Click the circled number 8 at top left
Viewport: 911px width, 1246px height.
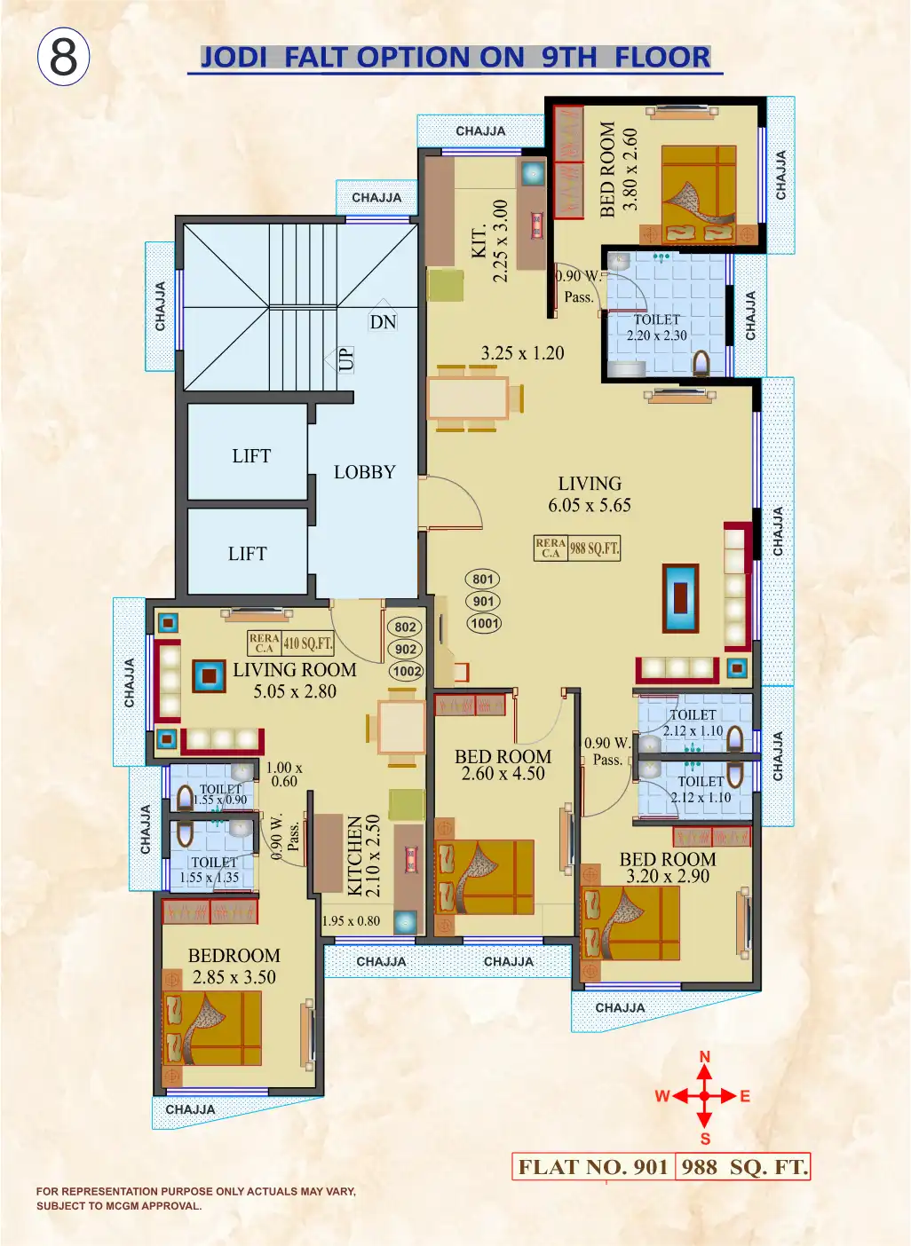(63, 57)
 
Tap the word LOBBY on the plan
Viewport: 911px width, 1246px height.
(364, 472)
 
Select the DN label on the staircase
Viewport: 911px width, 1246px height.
(383, 322)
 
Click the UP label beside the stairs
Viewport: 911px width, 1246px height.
(345, 359)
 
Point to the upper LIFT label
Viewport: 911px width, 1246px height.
(251, 456)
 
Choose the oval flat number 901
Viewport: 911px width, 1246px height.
(483, 601)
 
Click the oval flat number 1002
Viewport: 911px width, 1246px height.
(406, 671)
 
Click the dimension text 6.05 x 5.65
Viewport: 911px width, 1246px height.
(590, 506)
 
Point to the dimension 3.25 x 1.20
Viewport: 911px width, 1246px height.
(522, 353)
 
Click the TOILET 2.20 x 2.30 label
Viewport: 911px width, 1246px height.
(656, 327)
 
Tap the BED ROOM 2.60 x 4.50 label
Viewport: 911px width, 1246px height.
(503, 765)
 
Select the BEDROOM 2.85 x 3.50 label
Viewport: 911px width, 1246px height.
(234, 966)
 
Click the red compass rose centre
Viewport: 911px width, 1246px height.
(704, 1096)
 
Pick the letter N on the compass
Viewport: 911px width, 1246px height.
(705, 1057)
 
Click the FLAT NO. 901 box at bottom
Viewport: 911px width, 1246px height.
(593, 1167)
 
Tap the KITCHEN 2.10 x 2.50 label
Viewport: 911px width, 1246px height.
(363, 854)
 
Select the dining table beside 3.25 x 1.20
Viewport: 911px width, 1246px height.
(468, 398)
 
